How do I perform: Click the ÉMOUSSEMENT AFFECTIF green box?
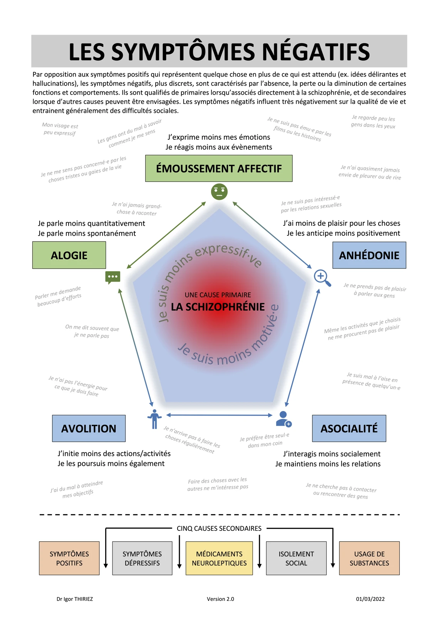(219, 168)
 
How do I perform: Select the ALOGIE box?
(69, 255)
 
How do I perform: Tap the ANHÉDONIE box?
(369, 255)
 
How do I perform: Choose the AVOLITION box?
(89, 428)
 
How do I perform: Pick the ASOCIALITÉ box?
(349, 428)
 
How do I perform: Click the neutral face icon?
(219, 191)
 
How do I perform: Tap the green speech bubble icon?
(113, 277)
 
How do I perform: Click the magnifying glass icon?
(322, 278)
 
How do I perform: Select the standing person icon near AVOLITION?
(154, 419)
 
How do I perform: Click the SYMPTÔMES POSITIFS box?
(69, 558)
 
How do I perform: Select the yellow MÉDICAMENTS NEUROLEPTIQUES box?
(219, 558)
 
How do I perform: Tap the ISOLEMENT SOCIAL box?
(296, 558)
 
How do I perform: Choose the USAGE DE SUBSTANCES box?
(369, 558)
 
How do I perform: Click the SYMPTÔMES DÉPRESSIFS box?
(142, 558)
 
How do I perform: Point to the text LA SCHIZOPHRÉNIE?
(218, 307)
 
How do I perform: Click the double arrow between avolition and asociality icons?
(219, 415)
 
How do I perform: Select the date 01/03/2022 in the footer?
(370, 599)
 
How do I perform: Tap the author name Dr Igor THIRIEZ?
(75, 599)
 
